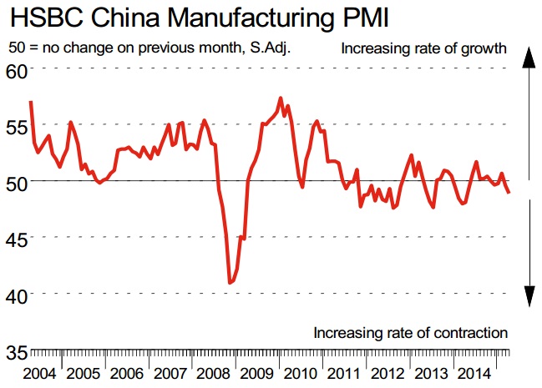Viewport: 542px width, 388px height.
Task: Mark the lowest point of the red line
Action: [x=230, y=284]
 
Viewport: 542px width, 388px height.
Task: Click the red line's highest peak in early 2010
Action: [x=280, y=98]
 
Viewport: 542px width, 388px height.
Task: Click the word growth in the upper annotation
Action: [x=485, y=48]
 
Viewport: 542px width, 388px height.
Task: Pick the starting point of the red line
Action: [x=31, y=102]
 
